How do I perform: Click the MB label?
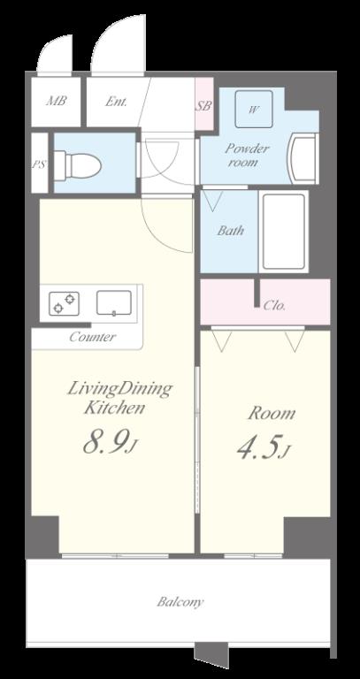[57, 102]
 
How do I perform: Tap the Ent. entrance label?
[116, 102]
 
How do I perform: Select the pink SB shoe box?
[204, 103]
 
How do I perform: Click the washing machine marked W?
[254, 109]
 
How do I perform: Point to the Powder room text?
[247, 156]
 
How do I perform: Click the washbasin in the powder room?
[303, 158]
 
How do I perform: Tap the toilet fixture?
[77, 164]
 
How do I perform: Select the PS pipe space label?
[39, 165]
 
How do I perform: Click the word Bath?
[231, 231]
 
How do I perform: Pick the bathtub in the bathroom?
[284, 232]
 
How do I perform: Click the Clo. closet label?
[274, 306]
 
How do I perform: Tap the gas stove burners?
[64, 303]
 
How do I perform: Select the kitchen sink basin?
[114, 302]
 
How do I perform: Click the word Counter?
[92, 337]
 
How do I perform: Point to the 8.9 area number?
[107, 441]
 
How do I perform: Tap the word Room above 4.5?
[272, 413]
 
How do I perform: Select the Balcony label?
[180, 602]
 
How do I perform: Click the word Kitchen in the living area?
[114, 408]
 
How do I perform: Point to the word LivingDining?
[119, 389]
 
